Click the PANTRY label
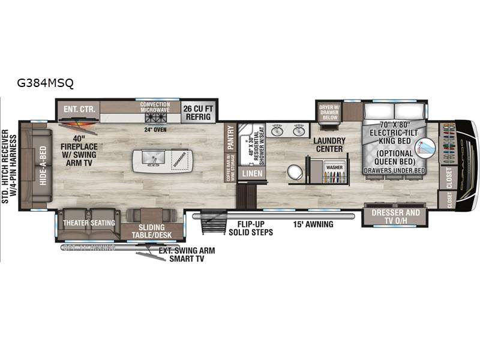pos(229,140)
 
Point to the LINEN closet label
pos(248,173)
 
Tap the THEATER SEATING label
pos(89,223)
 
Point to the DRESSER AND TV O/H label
pos(395,216)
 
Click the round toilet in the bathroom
pos(295,172)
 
